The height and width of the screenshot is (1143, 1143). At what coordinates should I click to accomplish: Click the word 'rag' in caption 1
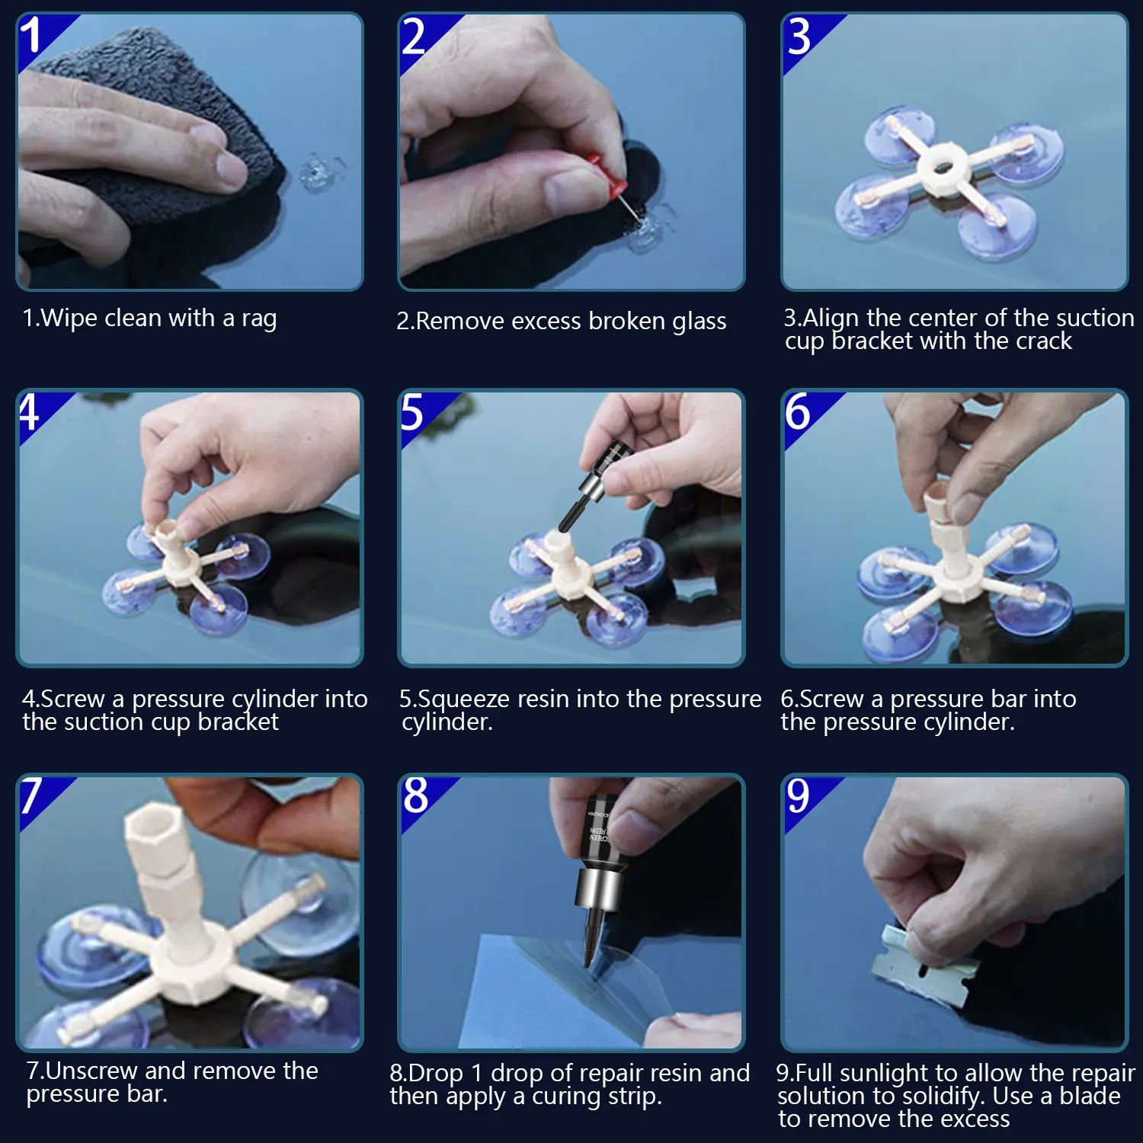259,319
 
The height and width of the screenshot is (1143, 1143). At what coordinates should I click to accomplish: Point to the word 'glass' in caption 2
700,322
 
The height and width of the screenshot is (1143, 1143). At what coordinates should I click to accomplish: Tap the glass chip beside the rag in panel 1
314,174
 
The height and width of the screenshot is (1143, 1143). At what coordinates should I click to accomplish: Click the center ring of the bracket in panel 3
944,168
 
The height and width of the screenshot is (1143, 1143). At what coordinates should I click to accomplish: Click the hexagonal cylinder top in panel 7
152,835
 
